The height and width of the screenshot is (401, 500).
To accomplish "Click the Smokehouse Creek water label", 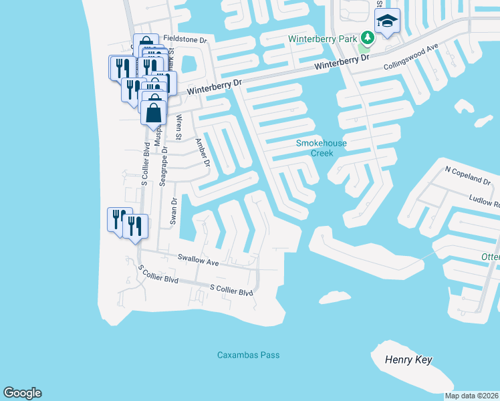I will [x=314, y=148].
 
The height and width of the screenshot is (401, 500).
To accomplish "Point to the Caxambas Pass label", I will [x=249, y=355].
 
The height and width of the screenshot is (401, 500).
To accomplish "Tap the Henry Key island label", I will [x=408, y=360].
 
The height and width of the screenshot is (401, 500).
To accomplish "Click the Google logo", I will [x=22, y=393].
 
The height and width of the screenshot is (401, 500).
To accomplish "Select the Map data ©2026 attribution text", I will [x=472, y=396].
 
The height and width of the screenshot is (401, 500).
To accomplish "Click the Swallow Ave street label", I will [x=198, y=260].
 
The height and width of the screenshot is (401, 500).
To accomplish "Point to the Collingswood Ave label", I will [x=410, y=58].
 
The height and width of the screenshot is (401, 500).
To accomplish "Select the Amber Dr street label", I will [x=202, y=153].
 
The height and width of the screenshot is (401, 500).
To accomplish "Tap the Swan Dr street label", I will [x=174, y=210].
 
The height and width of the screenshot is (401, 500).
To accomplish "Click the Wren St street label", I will [x=178, y=127].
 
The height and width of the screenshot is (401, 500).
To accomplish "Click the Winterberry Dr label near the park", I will [x=342, y=62].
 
